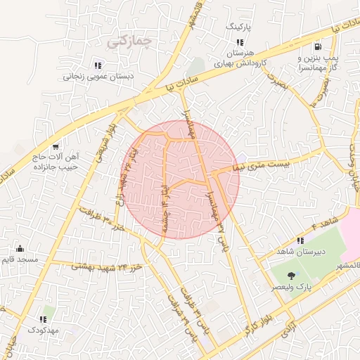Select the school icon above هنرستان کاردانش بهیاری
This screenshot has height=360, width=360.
coord(240,42)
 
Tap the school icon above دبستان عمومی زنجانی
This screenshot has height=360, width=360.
coord(97,65)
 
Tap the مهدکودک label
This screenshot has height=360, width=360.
coord(44,330)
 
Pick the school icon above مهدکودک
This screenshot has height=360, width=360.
coord(44,319)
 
